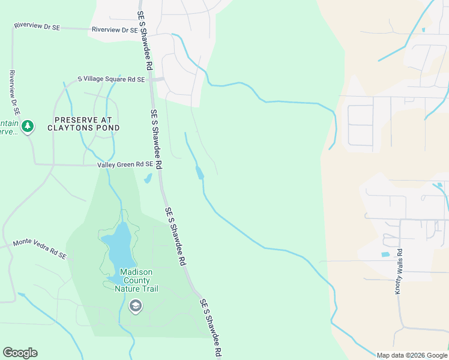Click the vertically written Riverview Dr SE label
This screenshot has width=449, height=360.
click(x=14, y=92)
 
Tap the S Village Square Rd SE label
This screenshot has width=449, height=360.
click(x=112, y=79)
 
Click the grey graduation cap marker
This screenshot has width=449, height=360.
click(x=135, y=306)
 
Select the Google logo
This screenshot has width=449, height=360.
click(x=20, y=353)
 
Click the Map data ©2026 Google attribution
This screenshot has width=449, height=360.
click(x=412, y=355)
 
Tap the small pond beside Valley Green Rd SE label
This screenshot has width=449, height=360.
click(x=147, y=178)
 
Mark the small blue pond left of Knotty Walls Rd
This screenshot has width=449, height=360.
click(x=385, y=254)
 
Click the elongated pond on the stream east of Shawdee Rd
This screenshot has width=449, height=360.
click(x=199, y=173)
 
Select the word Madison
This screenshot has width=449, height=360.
click(x=136, y=272)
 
